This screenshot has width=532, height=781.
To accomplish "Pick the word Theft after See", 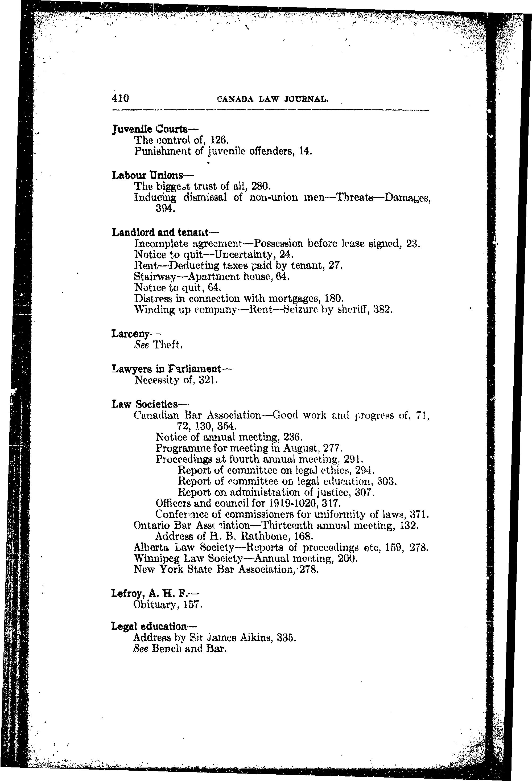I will [x=167, y=345].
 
